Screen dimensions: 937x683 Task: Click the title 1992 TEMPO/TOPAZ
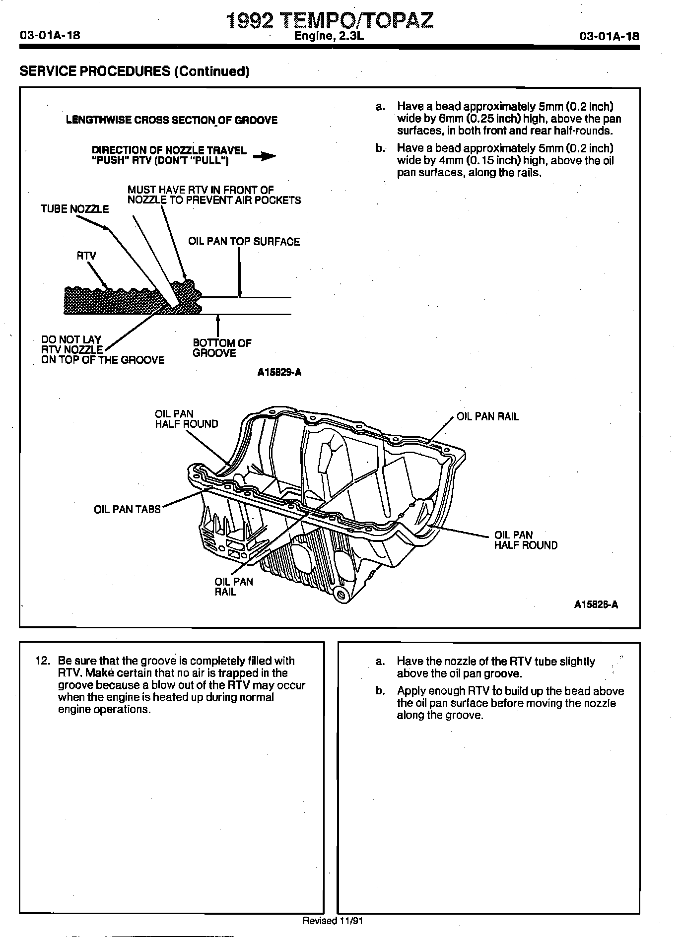pyautogui.click(x=330, y=20)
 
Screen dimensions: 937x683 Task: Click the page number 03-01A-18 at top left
pyautogui.click(x=50, y=36)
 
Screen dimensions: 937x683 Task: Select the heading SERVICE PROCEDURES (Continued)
pyautogui.click(x=134, y=71)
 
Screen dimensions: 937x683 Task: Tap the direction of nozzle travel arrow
pyautogui.click(x=265, y=156)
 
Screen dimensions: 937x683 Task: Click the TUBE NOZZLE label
pyautogui.click(x=74, y=209)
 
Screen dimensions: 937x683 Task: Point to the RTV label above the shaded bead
pyautogui.click(x=86, y=256)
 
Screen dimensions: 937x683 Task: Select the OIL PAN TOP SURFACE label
pyautogui.click(x=244, y=242)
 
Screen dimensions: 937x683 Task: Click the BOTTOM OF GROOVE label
pyautogui.click(x=222, y=348)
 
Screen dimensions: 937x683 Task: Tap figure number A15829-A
pyautogui.click(x=279, y=373)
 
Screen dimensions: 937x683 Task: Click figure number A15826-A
pyautogui.click(x=596, y=604)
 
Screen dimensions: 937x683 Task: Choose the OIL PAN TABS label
pyautogui.click(x=127, y=509)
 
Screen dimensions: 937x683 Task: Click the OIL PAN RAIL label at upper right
pyautogui.click(x=487, y=417)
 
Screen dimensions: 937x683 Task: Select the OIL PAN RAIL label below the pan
pyautogui.click(x=233, y=587)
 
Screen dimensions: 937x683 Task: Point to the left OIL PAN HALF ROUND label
pyautogui.click(x=186, y=419)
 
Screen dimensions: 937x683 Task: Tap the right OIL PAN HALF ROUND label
pyautogui.click(x=526, y=540)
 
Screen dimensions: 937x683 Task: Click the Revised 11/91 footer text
pyautogui.click(x=333, y=921)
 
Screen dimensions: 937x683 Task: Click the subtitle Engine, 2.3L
pyautogui.click(x=330, y=36)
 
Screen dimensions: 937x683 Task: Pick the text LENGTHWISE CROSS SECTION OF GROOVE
pyautogui.click(x=172, y=120)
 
